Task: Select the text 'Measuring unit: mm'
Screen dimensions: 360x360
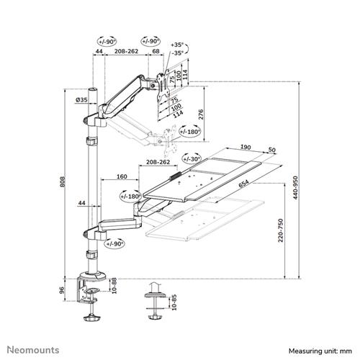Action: click(320, 349)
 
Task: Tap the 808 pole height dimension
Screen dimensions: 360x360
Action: click(64, 183)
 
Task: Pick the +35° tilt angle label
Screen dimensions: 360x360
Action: click(177, 45)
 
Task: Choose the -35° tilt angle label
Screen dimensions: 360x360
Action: click(177, 53)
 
